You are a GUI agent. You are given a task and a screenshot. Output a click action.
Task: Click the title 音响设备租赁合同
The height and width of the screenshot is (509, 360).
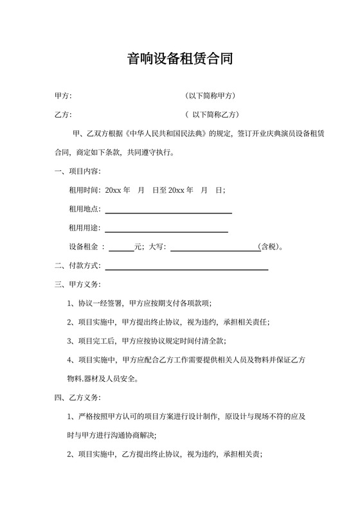tap(179, 59)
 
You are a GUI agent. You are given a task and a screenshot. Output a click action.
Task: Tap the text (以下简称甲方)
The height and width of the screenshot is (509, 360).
tap(211, 96)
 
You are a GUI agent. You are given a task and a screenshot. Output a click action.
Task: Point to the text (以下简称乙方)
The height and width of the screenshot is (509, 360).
tap(212, 115)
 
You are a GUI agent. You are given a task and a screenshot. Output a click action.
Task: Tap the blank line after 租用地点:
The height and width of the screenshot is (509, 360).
tap(168, 212)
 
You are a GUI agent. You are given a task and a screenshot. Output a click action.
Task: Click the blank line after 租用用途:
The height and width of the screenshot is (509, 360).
tap(166, 231)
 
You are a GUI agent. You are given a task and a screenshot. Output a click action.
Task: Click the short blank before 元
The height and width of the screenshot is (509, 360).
tap(122, 249)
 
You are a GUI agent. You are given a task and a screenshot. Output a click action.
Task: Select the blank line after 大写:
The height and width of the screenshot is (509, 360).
tap(213, 249)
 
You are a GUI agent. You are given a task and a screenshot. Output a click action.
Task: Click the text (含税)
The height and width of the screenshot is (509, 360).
tap(268, 247)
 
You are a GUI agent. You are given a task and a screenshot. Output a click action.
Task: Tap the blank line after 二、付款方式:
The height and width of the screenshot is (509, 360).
tap(186, 269)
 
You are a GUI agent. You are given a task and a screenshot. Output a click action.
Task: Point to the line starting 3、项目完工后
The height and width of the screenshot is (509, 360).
tap(147, 341)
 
